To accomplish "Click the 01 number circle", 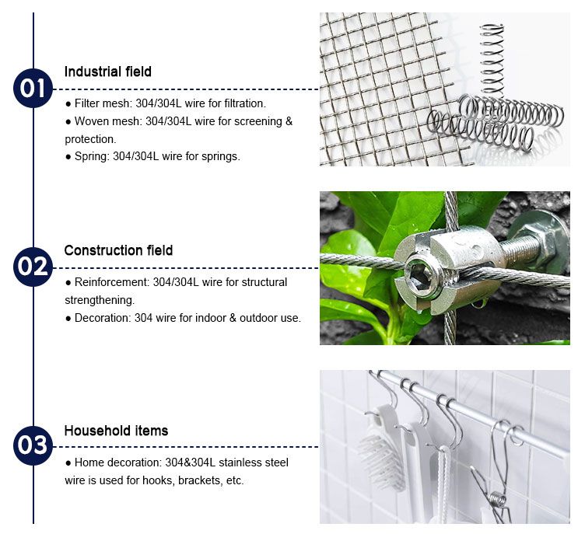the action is tap(33, 89).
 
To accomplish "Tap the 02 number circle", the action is tap(33, 267).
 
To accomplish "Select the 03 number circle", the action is tap(33, 445).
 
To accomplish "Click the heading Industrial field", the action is tap(108, 72).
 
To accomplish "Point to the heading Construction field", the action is tap(119, 250).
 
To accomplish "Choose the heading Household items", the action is tap(116, 431).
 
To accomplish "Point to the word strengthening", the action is tap(100, 300).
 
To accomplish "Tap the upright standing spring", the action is tap(492, 61).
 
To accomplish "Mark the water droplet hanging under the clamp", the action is tap(478, 304).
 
